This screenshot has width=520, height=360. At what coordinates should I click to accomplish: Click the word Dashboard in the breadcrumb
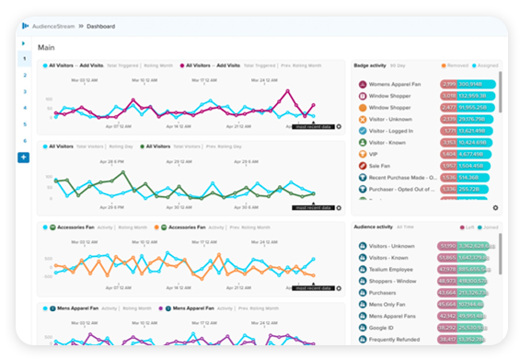(101, 27)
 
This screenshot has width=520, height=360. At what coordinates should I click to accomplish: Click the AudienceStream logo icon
(36, 27)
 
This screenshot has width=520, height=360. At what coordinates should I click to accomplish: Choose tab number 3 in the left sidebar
(25, 91)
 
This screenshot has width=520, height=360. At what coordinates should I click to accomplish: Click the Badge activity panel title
(373, 66)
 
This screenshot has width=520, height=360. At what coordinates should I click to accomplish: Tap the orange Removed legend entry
(456, 66)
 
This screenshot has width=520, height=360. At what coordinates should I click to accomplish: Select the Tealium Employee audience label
(395, 269)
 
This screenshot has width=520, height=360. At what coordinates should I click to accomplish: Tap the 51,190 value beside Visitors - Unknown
(448, 246)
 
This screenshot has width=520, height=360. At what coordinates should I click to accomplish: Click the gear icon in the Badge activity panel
(496, 208)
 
